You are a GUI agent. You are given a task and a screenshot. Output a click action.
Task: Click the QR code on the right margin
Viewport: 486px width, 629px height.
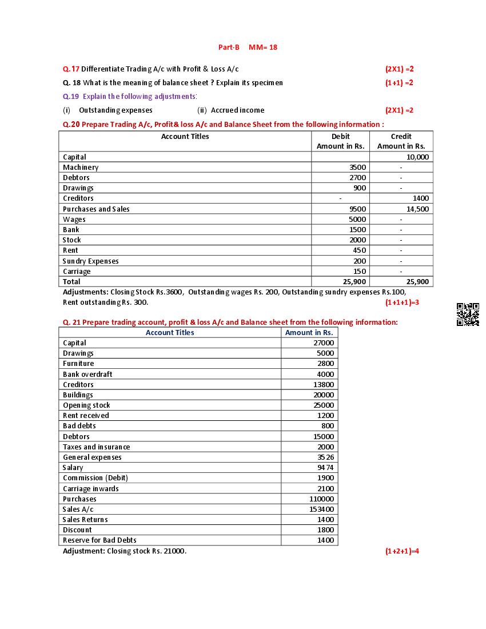[x=468, y=314]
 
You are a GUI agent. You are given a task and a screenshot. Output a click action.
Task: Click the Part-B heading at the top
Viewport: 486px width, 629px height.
[x=229, y=47]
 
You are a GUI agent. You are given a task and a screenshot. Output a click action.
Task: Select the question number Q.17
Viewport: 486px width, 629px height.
[x=71, y=69]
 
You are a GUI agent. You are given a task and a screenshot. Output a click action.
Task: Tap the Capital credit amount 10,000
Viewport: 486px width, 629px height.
[x=417, y=157]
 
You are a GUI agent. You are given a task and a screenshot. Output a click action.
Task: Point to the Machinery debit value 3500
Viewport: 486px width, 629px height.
[x=357, y=168]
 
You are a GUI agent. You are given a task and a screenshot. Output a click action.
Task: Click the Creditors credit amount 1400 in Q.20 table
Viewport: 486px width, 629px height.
[x=420, y=198]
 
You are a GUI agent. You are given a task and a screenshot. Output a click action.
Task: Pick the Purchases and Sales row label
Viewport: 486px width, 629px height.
[x=96, y=209]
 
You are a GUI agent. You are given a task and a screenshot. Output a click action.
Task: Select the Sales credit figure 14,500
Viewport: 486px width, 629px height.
[x=417, y=209]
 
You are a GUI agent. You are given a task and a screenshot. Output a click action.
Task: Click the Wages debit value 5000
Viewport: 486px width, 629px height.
[x=357, y=219]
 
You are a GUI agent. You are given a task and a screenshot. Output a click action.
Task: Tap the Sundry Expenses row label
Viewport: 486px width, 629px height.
[x=91, y=261]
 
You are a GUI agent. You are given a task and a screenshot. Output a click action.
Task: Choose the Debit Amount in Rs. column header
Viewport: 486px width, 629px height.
[x=340, y=141]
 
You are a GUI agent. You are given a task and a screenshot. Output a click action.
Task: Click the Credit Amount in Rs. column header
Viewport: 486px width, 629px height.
[x=401, y=141]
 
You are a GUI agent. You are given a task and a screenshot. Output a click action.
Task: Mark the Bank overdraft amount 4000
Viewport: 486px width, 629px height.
[x=325, y=374]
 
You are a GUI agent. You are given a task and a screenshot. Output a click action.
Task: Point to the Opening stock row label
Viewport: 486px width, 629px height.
[x=86, y=405]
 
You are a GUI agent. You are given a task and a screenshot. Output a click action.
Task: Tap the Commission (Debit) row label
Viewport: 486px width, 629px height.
[x=95, y=477]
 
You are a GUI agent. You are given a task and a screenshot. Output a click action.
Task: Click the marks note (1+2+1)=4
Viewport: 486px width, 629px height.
[x=402, y=551]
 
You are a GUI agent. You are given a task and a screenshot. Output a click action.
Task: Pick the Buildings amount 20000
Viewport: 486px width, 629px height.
[x=324, y=395]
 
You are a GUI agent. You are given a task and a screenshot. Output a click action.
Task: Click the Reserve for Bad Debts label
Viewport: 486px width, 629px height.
[x=99, y=540]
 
